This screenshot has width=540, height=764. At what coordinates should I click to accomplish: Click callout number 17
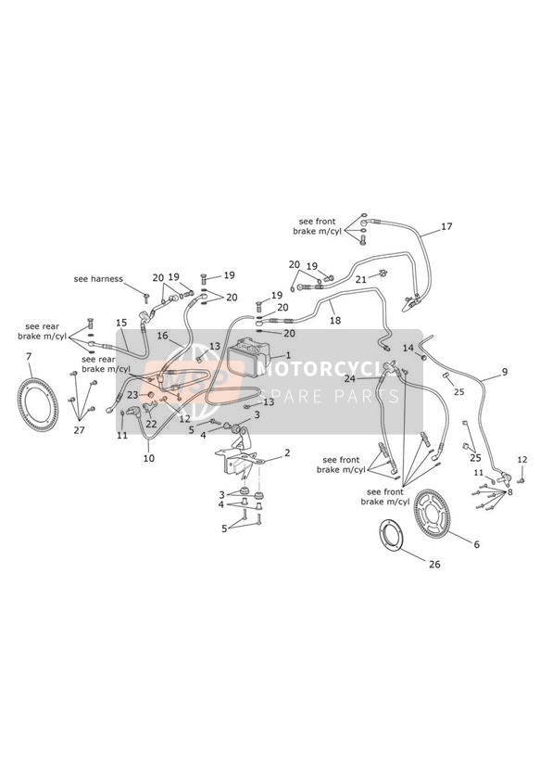point(446,226)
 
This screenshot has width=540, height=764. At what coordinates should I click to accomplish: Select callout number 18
point(335,320)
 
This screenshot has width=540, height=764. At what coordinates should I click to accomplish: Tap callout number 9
point(505,372)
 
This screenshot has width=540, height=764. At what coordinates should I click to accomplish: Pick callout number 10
point(149,458)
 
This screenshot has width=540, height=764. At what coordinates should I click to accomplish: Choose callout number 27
point(79,430)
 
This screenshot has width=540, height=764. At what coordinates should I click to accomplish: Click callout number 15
point(121,323)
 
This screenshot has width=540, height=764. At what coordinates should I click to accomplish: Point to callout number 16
point(162,336)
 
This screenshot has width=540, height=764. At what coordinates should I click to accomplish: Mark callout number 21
point(361,280)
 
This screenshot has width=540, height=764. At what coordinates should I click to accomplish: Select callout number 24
point(363,378)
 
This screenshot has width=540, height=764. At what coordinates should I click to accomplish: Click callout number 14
point(408,348)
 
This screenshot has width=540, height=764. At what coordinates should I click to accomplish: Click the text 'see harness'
point(98,279)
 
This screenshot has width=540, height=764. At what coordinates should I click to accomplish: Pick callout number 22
point(151,424)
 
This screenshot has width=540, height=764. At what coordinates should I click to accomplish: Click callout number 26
point(434,565)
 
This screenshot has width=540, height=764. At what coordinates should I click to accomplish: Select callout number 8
point(509,492)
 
